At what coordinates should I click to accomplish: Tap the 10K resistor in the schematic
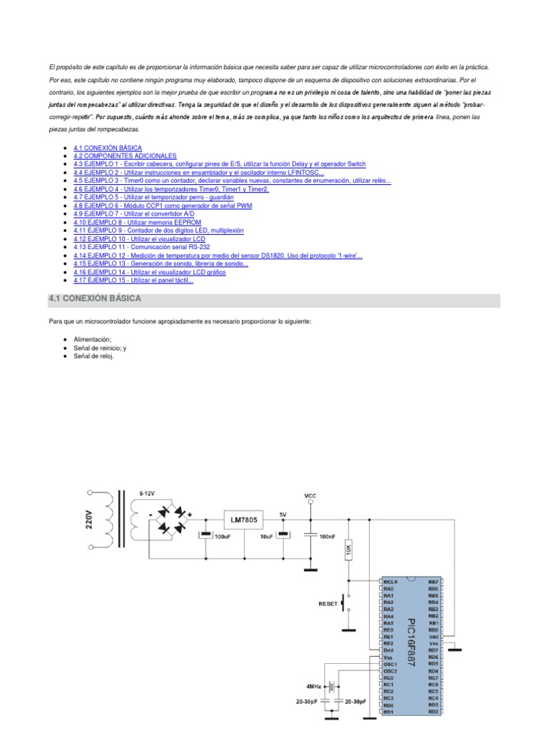pyautogui.click(x=348, y=550)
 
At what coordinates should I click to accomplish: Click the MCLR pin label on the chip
pyautogui.click(x=390, y=582)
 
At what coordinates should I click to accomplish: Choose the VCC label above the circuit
pyautogui.click(x=310, y=495)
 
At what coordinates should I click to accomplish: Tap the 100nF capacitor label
pyautogui.click(x=327, y=535)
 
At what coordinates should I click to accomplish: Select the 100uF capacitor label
pyautogui.click(x=223, y=535)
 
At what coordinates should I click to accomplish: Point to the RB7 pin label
pyautogui.click(x=433, y=582)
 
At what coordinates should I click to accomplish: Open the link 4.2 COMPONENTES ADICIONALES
pyautogui.click(x=125, y=155)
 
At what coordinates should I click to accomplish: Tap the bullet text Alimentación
pyautogui.click(x=93, y=339)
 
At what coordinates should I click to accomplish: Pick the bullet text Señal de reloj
pyautogui.click(x=93, y=356)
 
